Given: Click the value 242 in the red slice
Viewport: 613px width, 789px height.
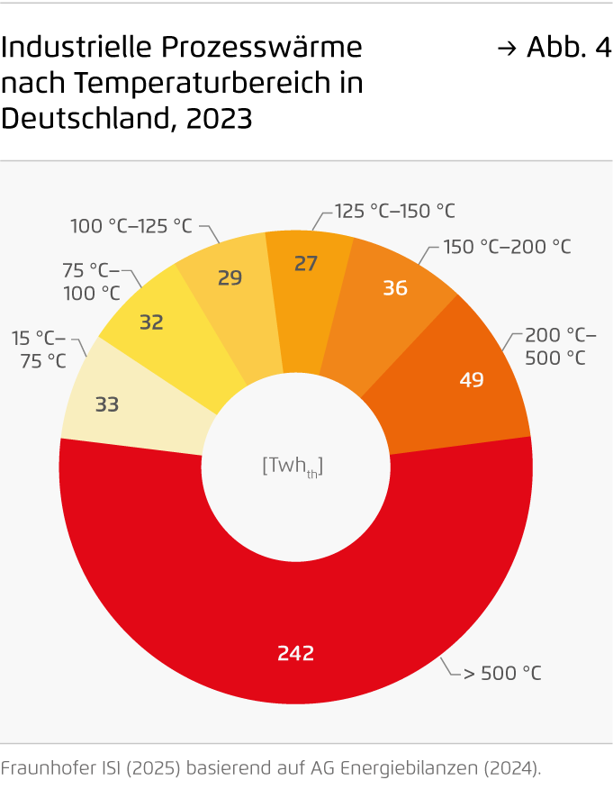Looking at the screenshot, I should coord(296,653).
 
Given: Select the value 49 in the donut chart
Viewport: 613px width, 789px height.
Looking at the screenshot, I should coord(472,379).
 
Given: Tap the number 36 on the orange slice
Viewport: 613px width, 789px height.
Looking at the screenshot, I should coord(395,287).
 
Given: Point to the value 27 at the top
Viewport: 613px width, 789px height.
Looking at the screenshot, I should coord(306,263).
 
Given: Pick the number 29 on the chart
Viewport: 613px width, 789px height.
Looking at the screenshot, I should coord(230,277).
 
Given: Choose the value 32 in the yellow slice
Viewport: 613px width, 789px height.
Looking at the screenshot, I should coord(151,322).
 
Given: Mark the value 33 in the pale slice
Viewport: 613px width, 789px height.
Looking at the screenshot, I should coord(107,404).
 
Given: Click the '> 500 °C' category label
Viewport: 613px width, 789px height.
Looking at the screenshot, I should coord(502,672).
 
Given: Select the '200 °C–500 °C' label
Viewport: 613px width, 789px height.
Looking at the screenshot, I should coord(560,347).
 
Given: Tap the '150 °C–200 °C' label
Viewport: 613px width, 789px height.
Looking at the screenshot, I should coord(508,246).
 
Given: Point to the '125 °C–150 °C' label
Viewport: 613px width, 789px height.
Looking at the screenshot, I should coord(395,211).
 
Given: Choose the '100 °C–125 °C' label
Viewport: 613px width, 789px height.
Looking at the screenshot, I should coord(131,226).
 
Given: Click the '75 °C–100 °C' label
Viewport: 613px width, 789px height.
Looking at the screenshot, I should coord(91,281).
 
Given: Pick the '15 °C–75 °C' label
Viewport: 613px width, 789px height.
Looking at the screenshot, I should coord(39,349).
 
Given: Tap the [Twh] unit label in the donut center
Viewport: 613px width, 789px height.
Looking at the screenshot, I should coord(293,466).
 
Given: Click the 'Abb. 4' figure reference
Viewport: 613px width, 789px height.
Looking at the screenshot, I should coord(566,48).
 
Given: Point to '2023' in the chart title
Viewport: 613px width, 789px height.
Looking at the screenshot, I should coord(220,118).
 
